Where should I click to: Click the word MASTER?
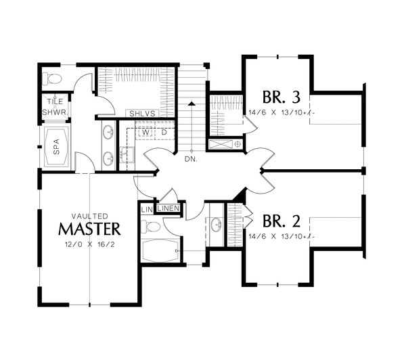pyautogui.click(x=89, y=227)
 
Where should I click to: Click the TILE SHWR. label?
pyautogui.click(x=53, y=106)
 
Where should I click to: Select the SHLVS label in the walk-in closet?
pyautogui.click(x=141, y=114)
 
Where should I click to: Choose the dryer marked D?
pyautogui.click(x=164, y=132)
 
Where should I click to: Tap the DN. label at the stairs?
pyautogui.click(x=190, y=160)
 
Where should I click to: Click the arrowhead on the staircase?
pyautogui.click(x=191, y=104)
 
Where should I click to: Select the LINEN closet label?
pyautogui.click(x=168, y=208)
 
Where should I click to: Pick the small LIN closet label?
pyautogui.click(x=147, y=210)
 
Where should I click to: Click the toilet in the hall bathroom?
pyautogui.click(x=152, y=227)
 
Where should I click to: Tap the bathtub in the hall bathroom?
pyautogui.click(x=159, y=252)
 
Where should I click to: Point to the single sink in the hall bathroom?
pyautogui.click(x=216, y=225)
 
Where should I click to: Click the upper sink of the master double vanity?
pyautogui.click(x=108, y=133)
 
